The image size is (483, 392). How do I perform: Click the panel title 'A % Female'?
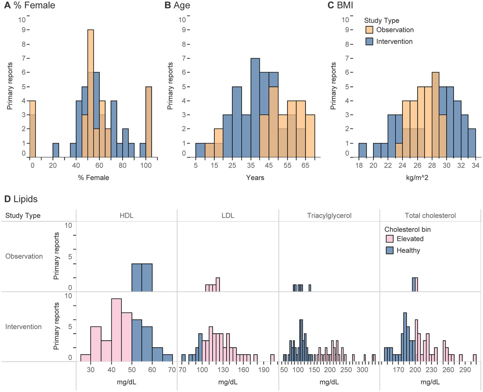[30, 5]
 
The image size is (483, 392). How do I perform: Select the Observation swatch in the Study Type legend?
[369, 30]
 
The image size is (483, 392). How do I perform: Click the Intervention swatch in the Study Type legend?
[369, 42]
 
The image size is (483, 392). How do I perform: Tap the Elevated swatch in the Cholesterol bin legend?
[390, 239]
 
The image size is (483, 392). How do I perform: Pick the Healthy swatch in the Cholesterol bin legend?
[390, 251]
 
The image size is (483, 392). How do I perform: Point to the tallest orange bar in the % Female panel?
[91, 50]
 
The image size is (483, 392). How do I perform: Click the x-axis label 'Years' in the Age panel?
[255, 178]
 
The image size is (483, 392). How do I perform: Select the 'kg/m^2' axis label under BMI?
[417, 178]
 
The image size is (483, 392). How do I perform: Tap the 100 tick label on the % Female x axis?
[146, 165]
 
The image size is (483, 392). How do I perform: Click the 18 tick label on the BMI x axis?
[359, 165]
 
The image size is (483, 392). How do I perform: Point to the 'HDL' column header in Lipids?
[126, 216]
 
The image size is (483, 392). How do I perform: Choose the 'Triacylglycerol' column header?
[329, 216]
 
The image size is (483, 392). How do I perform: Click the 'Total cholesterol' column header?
[430, 216]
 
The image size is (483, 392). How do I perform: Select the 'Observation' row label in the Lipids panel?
[24, 257]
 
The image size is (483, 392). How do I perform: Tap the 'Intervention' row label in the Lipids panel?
[24, 327]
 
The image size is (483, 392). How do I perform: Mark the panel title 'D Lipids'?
[21, 199]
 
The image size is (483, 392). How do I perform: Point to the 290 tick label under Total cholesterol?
[465, 370]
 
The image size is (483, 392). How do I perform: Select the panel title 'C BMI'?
[340, 5]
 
